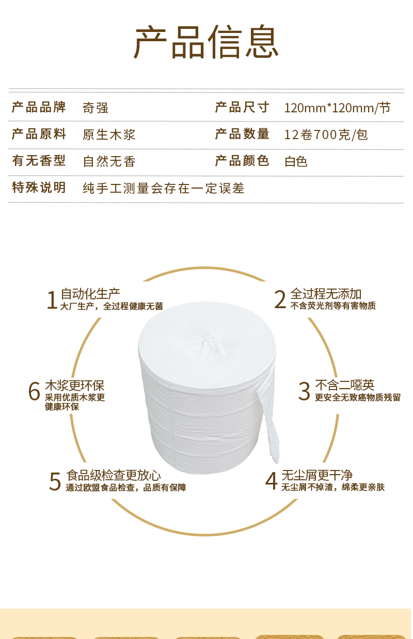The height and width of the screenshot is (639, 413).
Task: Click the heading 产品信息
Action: click(x=206, y=42)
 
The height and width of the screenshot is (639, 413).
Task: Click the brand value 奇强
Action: click(x=96, y=108)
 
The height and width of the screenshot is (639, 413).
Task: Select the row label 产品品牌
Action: click(x=39, y=107)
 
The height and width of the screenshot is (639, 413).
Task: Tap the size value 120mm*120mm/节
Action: click(x=337, y=108)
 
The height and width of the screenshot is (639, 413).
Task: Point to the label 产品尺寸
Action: click(x=242, y=107)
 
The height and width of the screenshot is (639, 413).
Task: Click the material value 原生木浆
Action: click(x=109, y=134)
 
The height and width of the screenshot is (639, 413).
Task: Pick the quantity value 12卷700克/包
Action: click(x=326, y=134)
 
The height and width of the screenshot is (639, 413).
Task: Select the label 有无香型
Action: click(x=39, y=161)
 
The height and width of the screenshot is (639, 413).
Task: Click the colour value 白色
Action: click(x=296, y=162)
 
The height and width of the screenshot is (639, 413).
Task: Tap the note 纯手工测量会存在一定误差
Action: click(x=164, y=188)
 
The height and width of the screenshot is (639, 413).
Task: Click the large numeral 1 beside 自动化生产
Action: click(x=52, y=300)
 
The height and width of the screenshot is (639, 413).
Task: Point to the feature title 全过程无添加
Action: click(x=326, y=294)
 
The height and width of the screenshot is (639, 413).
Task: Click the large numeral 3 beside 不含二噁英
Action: click(x=304, y=392)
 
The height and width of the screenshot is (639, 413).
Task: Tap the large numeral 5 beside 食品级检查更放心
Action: click(x=55, y=481)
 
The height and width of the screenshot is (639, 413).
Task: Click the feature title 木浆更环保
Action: click(x=74, y=385)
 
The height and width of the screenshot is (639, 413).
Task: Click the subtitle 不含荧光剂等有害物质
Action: click(x=333, y=306)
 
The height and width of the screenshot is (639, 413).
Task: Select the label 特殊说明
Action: click(x=39, y=188)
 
